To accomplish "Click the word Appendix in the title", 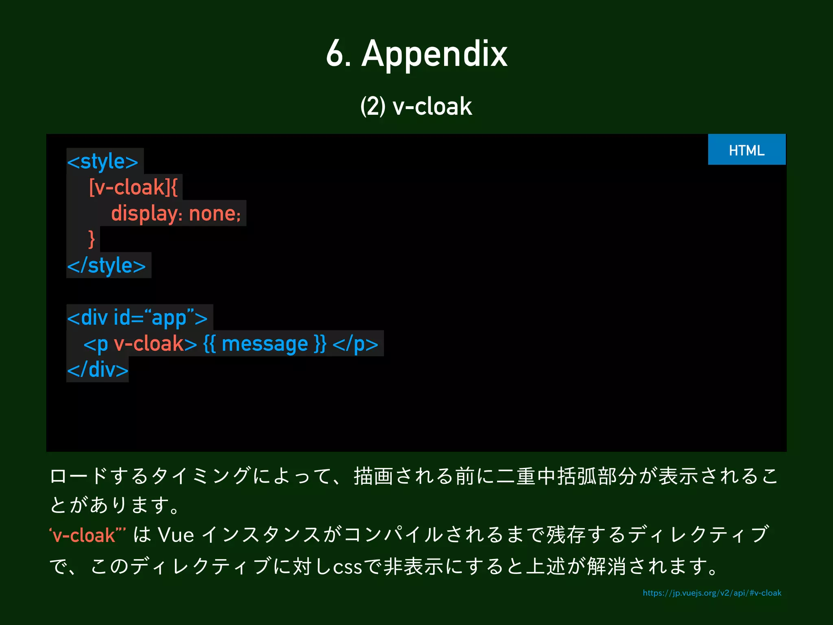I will point(434,55).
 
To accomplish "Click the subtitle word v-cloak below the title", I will point(432,107).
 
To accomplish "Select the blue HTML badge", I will point(746,150).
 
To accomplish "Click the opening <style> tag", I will point(103,162).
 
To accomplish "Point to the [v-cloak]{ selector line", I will point(133,188).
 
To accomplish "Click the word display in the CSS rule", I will point(144,214).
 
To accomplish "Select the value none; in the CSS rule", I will point(215,214).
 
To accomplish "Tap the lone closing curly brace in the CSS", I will point(92,239).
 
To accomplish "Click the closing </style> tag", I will point(107,266).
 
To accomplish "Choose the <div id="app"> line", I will point(137,318).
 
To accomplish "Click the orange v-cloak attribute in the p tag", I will point(149,344).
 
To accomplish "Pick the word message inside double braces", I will point(265,344).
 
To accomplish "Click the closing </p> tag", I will point(355,344).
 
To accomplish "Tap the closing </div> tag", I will point(98,370).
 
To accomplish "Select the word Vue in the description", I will point(176,535).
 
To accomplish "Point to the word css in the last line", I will point(347,567).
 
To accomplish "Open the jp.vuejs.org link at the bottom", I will point(712,593).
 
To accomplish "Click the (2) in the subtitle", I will point(373,107).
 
